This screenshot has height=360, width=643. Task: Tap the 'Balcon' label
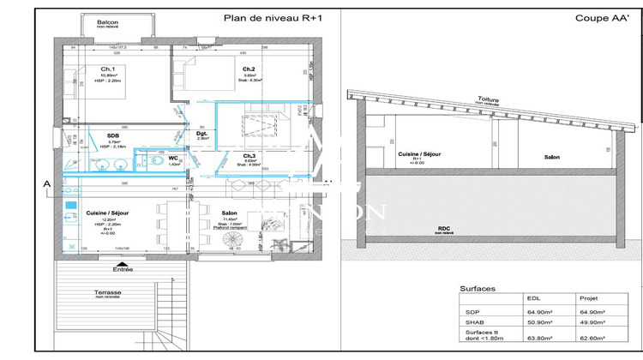[108, 22]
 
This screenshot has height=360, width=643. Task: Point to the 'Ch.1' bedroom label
[108, 69]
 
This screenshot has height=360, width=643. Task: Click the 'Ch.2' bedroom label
[249, 69]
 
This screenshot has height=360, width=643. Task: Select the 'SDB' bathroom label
[113, 135]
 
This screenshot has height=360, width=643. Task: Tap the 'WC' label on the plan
[173, 158]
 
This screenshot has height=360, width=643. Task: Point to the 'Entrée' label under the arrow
[123, 268]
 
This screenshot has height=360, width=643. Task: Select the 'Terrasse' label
[108, 291]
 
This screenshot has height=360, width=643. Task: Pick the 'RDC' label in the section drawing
[443, 227]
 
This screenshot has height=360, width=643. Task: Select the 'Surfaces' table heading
[478, 290]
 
